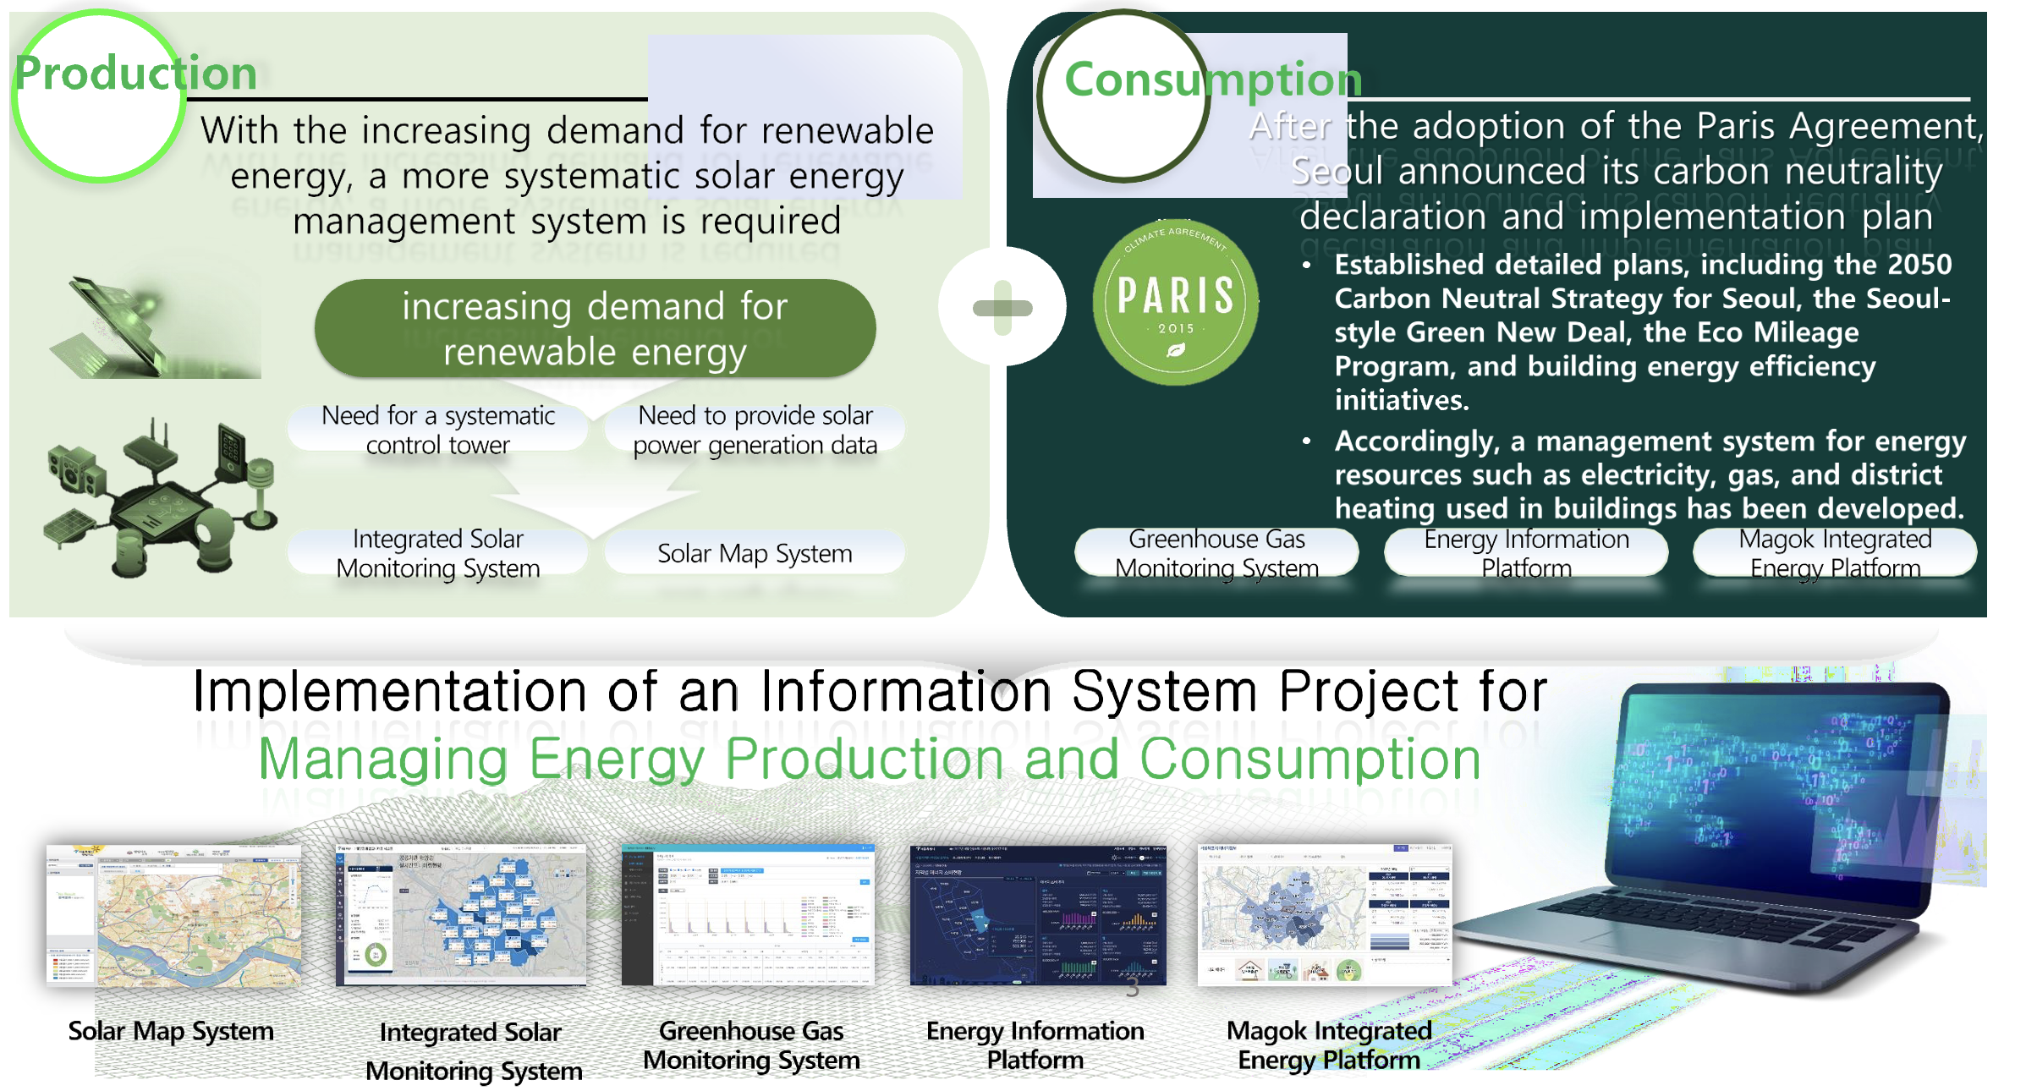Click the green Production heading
click(135, 74)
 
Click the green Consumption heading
click(1212, 79)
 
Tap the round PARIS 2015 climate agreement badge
click(1175, 303)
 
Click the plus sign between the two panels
click(1002, 308)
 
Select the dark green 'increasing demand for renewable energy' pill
click(595, 329)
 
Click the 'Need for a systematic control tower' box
click(437, 430)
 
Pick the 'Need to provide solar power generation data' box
click(755, 430)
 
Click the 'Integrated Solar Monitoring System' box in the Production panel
click(437, 553)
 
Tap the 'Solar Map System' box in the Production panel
click(755, 553)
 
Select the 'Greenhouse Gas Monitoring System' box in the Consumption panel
click(1216, 553)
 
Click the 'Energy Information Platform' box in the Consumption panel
click(1526, 553)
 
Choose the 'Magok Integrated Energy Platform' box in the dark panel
click(1835, 553)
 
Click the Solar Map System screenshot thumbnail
click(173, 915)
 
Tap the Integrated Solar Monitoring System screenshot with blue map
click(461, 915)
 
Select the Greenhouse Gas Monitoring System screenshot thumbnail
click(748, 915)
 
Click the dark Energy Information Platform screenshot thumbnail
click(1038, 915)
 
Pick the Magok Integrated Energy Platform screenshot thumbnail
click(1325, 915)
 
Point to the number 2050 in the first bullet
click(1919, 265)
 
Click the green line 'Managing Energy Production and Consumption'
click(870, 759)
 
